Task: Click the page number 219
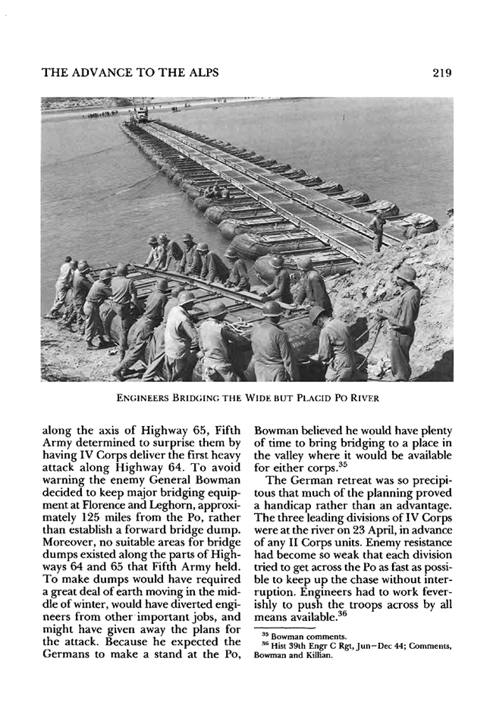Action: tap(439, 74)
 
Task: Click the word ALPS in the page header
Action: tap(199, 74)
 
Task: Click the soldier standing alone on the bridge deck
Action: tap(377, 230)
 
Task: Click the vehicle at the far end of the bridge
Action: tap(140, 114)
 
